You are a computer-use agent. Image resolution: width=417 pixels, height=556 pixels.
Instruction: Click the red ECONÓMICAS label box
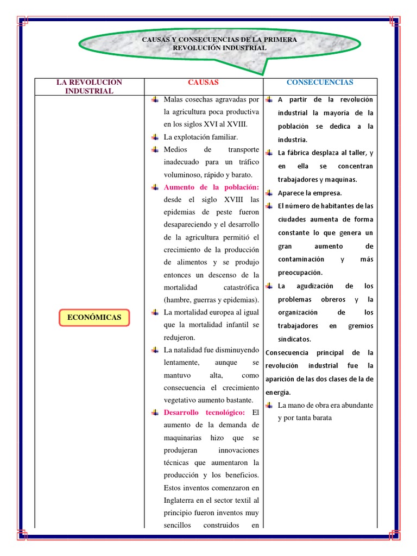point(94,317)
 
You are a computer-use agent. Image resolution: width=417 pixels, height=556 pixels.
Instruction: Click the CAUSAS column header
point(203,83)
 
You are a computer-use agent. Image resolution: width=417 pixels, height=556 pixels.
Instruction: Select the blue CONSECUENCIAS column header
point(320,83)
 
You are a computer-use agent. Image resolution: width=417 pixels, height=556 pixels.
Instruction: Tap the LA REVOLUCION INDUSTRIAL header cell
point(90,86)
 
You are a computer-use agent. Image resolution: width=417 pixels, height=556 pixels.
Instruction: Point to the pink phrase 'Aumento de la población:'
point(211,187)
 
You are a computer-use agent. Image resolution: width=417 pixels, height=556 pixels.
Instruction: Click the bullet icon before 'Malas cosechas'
point(155,99)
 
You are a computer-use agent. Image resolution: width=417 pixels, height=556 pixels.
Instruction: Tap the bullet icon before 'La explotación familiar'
point(155,137)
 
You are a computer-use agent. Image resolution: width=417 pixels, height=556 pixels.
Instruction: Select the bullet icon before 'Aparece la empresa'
point(269,193)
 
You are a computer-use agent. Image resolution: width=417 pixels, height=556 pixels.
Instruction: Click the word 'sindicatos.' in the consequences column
point(295,339)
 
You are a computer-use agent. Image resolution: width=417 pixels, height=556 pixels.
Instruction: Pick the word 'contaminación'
point(301,260)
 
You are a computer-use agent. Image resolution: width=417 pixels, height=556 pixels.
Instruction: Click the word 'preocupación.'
point(300,273)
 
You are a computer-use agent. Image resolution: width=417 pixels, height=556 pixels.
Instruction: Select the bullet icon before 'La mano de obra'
point(269,405)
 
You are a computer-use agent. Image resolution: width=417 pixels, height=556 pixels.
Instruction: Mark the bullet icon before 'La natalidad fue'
point(155,350)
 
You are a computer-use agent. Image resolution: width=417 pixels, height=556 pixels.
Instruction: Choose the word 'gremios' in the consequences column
point(362,326)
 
